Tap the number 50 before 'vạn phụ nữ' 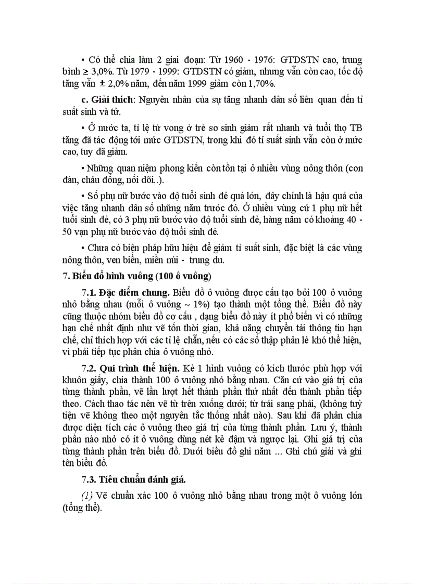tap(68, 231)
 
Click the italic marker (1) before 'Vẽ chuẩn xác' tap(86, 496)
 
